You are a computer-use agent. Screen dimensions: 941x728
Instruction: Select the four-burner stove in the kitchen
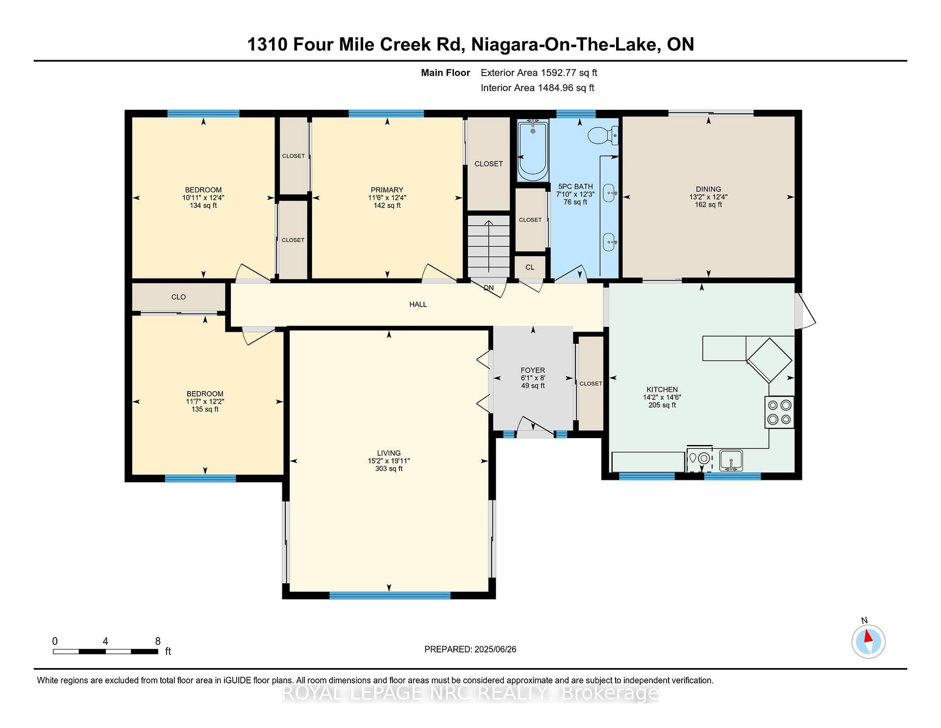pos(779,412)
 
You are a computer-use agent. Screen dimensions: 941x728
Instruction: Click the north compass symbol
pos(868,641)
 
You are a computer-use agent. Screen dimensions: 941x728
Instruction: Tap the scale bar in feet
pos(105,651)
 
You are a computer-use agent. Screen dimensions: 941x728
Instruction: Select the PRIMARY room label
pos(387,190)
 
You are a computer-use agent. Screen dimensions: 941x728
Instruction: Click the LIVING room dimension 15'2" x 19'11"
pos(389,461)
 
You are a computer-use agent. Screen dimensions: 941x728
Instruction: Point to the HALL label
pos(418,304)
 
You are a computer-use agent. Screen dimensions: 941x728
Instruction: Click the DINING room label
pos(708,189)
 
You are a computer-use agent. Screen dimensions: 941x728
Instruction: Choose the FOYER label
pos(533,370)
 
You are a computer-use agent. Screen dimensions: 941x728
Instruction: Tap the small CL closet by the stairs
pos(530,267)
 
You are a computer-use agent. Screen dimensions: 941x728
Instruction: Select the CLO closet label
pos(178,297)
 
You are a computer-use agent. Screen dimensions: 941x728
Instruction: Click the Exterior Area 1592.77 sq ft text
pos(539,73)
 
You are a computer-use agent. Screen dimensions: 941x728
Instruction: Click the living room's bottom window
pos(390,596)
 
